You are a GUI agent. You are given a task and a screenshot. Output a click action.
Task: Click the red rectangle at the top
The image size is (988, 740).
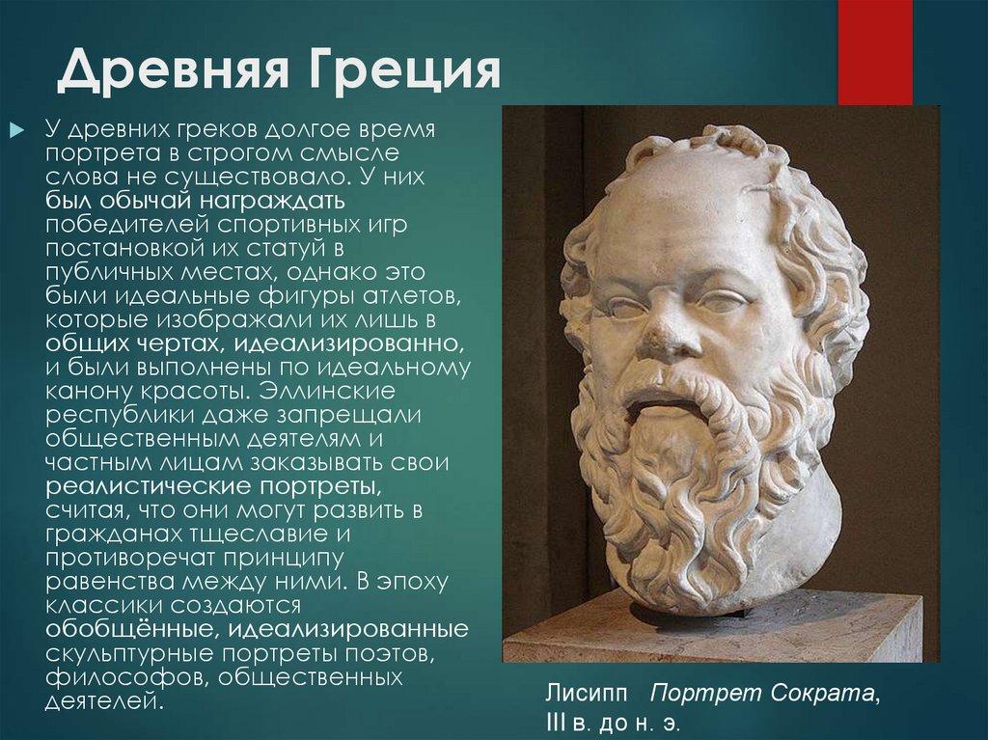[x=874, y=51]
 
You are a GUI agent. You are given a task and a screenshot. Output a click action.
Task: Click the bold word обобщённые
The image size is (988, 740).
[x=114, y=630]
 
